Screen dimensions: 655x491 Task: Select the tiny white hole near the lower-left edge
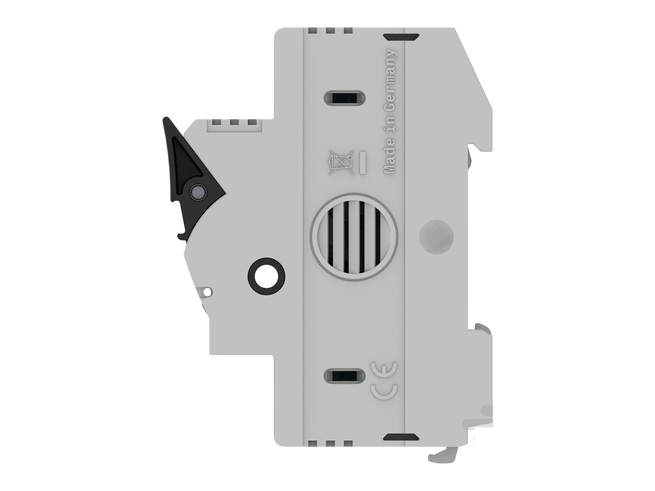(209, 292)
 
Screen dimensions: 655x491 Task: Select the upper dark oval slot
(345, 97)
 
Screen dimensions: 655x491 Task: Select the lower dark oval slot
(345, 376)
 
